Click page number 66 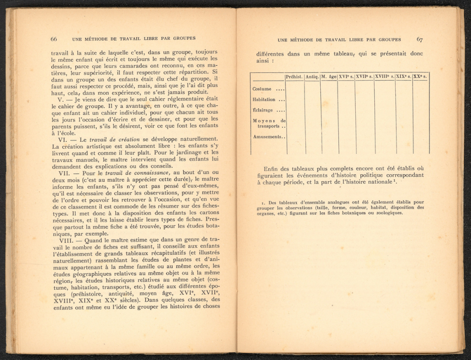pos(54,39)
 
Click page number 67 pos(419,40)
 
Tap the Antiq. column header pos(312,77)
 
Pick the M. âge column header pos(329,77)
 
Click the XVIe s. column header pos(346,77)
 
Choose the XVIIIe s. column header pos(384,77)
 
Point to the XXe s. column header pos(421,77)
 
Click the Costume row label pos(262,89)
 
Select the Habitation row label pos(264,100)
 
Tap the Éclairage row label pos(263,111)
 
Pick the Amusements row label pos(267,137)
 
